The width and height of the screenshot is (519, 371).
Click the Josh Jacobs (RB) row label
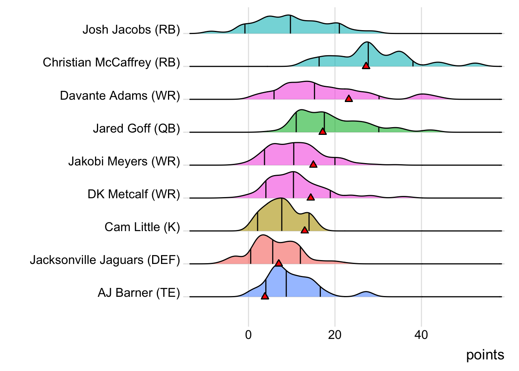[x=131, y=30]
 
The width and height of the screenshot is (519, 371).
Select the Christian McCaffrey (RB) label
[x=111, y=63]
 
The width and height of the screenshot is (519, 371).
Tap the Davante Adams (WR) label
[x=120, y=95]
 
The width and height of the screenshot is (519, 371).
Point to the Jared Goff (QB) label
[x=136, y=128]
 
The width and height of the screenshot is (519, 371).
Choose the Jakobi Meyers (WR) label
[x=124, y=161]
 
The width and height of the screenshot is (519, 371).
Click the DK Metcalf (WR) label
[x=134, y=194]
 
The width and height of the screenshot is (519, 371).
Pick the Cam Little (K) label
[x=142, y=227]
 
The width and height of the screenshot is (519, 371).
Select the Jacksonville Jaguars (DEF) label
[x=105, y=260]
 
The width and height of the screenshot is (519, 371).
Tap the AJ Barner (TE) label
[x=139, y=293]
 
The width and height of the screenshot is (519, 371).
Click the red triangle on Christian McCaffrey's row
[x=366, y=66]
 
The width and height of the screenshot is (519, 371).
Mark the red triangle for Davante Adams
[x=349, y=99]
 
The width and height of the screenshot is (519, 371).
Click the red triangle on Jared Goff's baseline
[x=322, y=131]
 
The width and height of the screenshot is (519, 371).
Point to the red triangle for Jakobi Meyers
[x=313, y=164]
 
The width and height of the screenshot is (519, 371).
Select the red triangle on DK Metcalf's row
[x=310, y=197]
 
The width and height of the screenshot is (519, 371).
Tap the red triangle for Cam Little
[x=305, y=230]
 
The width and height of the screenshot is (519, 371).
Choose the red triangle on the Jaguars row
[x=278, y=263]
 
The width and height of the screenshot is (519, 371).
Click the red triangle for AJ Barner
[x=265, y=296]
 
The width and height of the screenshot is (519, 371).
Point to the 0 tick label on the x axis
[x=248, y=335]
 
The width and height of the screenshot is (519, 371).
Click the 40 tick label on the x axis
[x=421, y=335]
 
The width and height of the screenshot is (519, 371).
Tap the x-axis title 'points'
[x=485, y=355]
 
